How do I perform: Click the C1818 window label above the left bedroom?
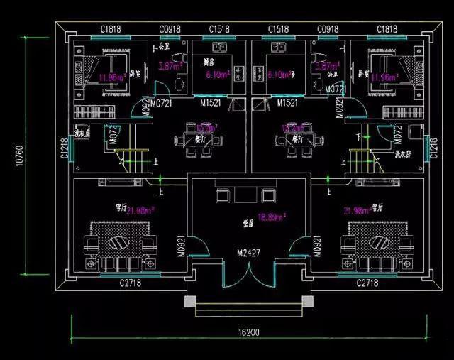[x=110, y=29]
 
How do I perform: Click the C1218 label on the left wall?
[x=64, y=148]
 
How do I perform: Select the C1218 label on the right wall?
[x=433, y=148]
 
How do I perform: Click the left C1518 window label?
[x=219, y=29]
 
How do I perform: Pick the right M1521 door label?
[x=287, y=103]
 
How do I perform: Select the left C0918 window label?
[x=170, y=29]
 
